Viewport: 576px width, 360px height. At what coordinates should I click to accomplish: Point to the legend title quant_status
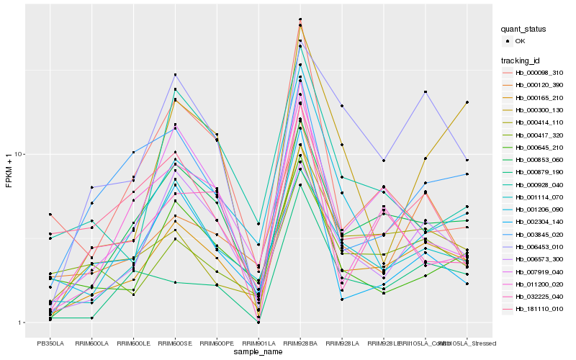[x=524, y=29]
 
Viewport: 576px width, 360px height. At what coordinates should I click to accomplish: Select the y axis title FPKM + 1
[x=9, y=171]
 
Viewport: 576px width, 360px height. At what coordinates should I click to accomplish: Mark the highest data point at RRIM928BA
[x=300, y=19]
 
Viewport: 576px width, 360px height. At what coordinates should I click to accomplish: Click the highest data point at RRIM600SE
[x=175, y=75]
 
